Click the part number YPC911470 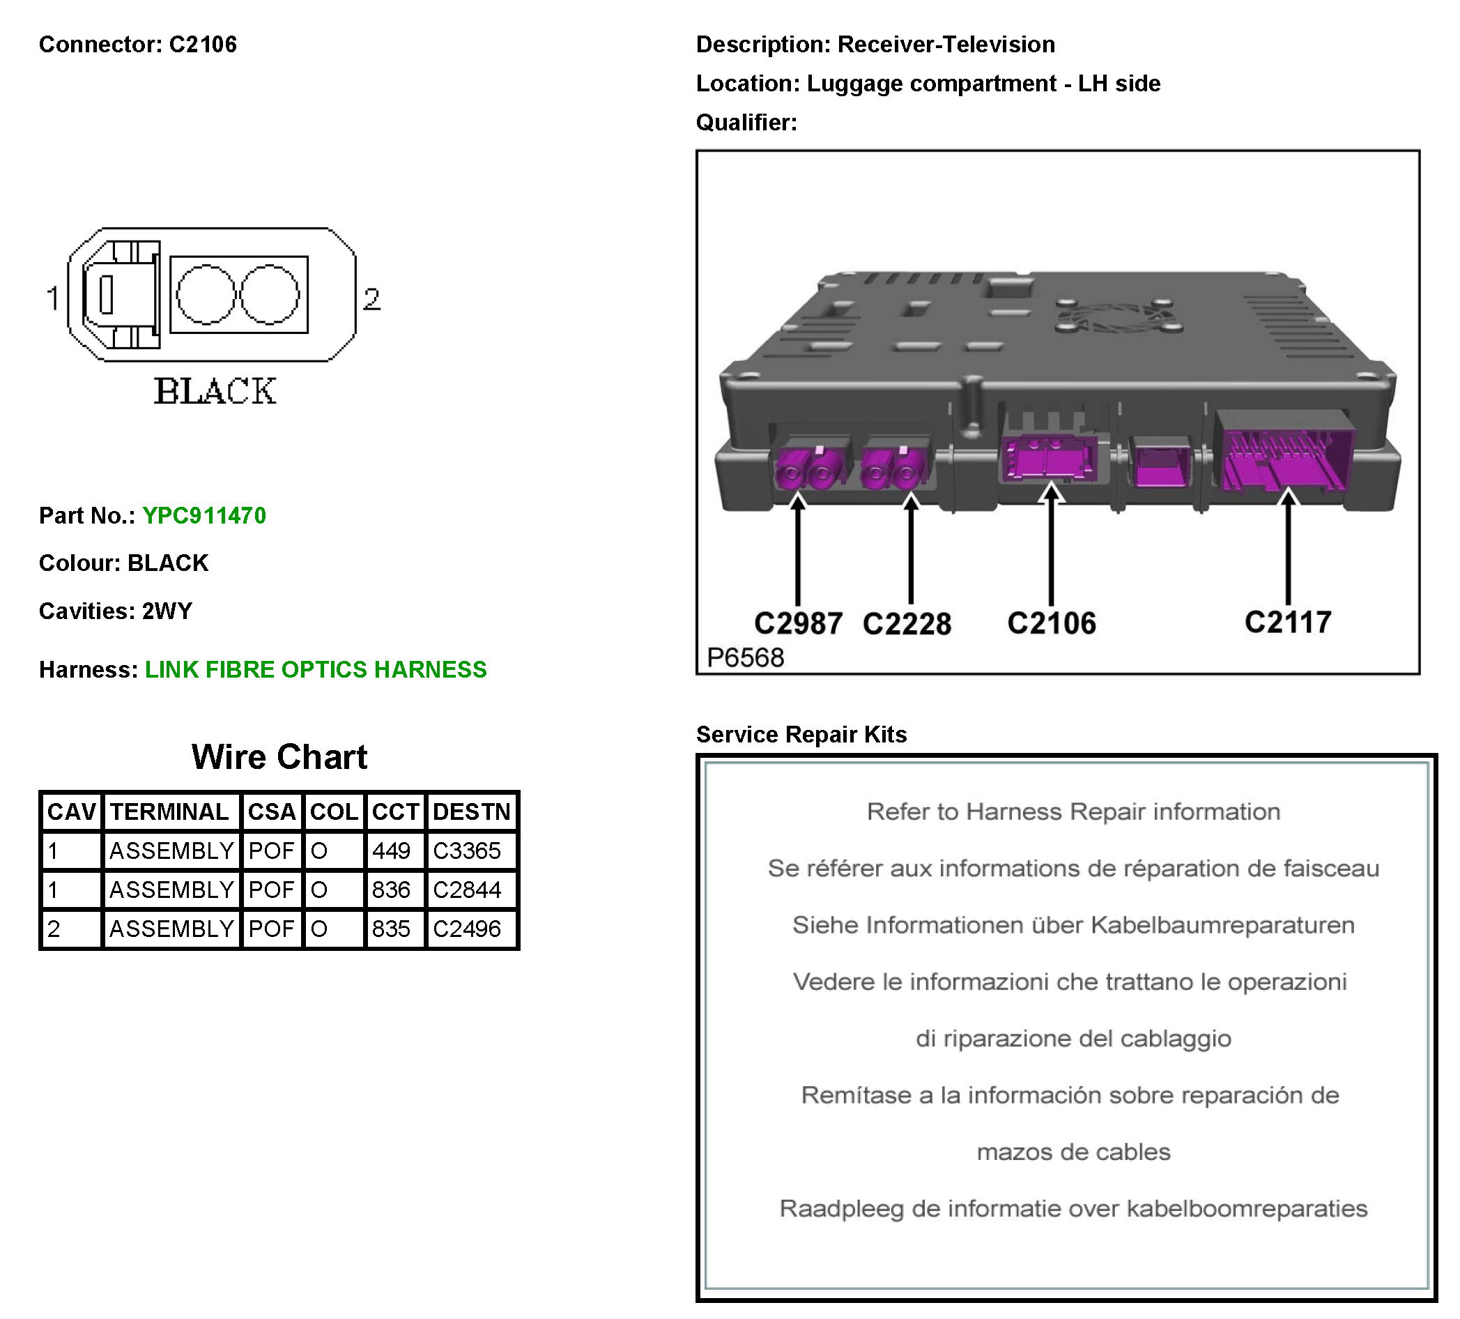click(x=204, y=516)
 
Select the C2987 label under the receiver click(x=798, y=623)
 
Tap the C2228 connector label click(x=907, y=624)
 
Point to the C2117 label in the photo click(x=1288, y=622)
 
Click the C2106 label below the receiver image click(x=1052, y=623)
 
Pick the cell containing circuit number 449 click(x=392, y=851)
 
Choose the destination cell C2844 click(x=467, y=890)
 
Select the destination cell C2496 click(x=467, y=929)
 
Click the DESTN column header click(x=472, y=811)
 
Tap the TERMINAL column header click(x=169, y=811)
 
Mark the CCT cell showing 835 click(x=392, y=929)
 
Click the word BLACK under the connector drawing click(x=215, y=391)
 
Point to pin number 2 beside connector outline click(x=371, y=298)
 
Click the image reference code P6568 click(x=745, y=657)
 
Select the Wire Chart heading click(x=279, y=757)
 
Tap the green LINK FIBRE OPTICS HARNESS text click(x=316, y=669)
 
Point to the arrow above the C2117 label click(x=1288, y=543)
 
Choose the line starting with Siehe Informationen click(x=1073, y=925)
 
